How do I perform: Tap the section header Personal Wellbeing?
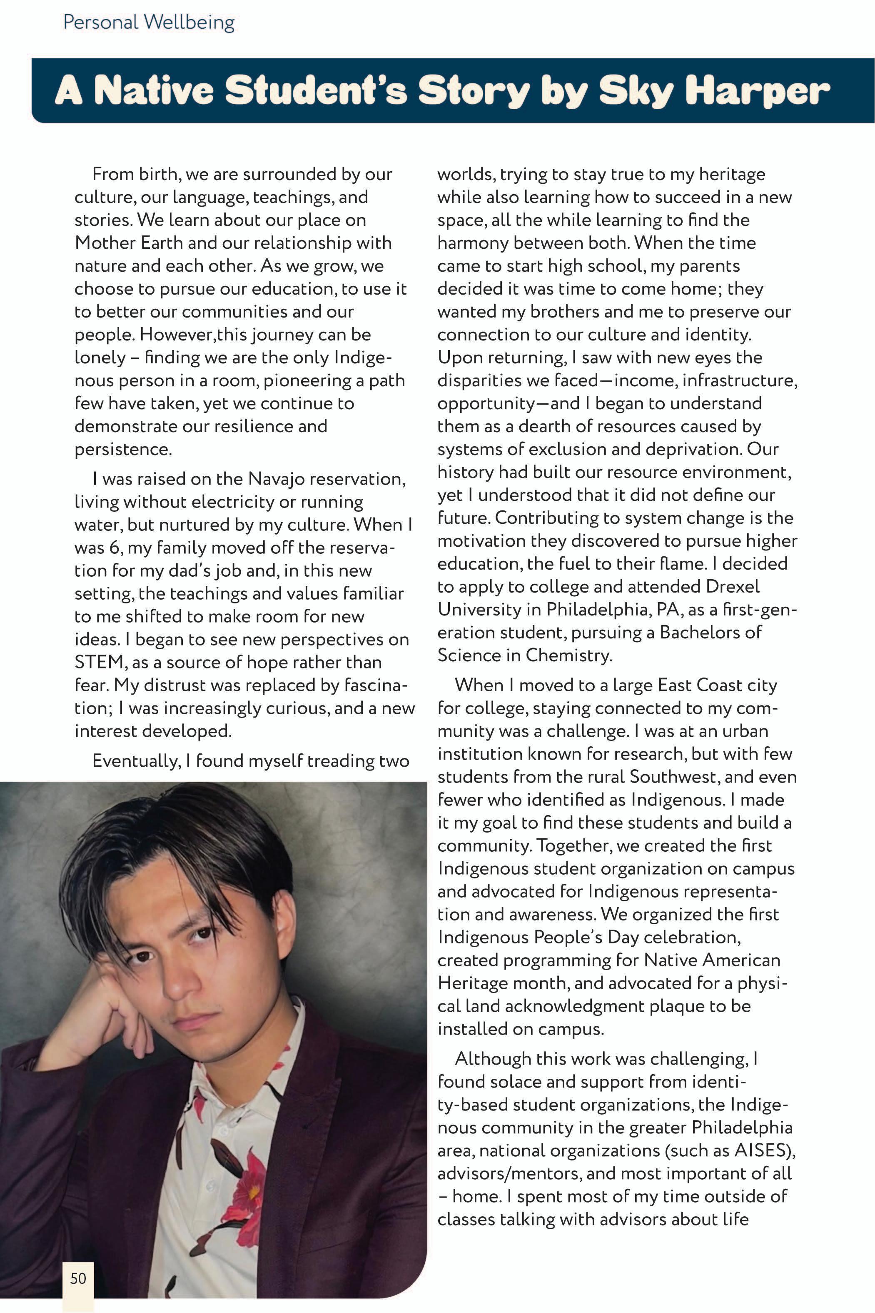click(149, 23)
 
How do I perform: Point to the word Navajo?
click(278, 479)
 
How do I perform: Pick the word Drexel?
click(732, 587)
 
